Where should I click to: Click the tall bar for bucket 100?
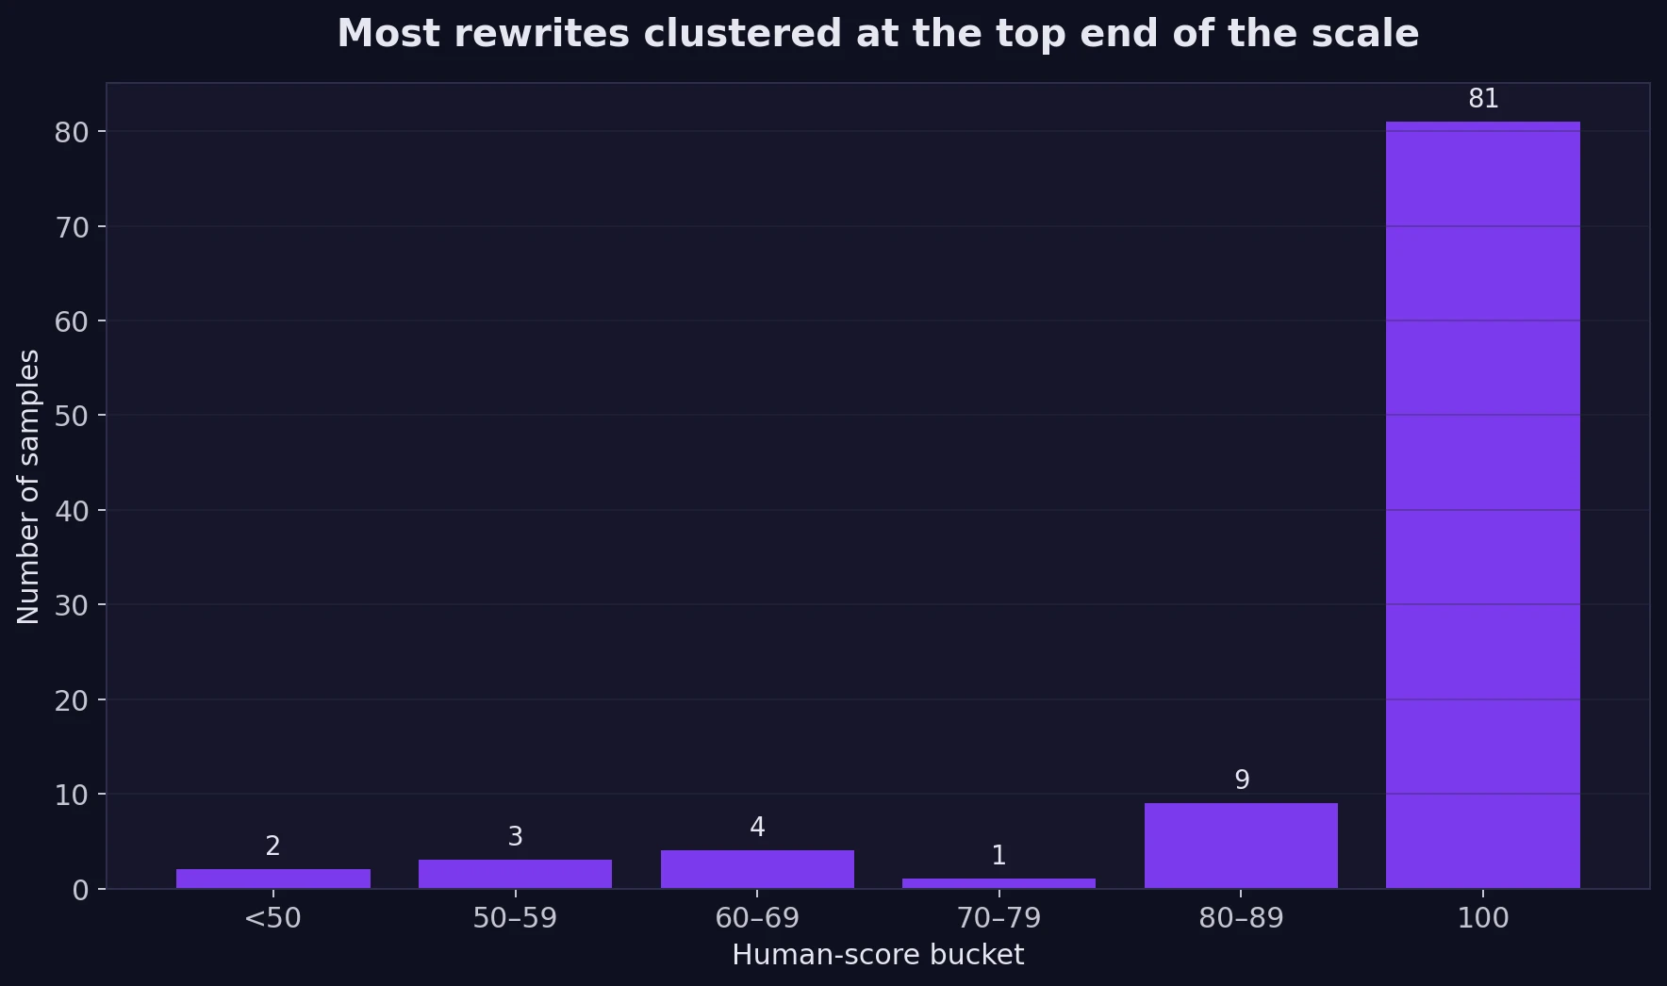coord(1482,504)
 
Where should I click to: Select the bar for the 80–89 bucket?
coord(1241,846)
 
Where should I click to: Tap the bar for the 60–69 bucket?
coord(757,869)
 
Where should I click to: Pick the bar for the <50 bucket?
coord(272,879)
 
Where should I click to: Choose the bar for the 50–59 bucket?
coord(515,874)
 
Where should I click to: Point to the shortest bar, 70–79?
coord(999,883)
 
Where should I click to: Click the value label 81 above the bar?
coord(1483,99)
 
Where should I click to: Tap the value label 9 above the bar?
coord(1242,781)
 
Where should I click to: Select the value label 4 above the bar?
coord(757,828)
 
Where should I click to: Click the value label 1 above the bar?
coord(999,856)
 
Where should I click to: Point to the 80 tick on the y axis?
coord(71,132)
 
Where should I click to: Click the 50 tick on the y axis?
coord(71,416)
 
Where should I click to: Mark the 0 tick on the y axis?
coord(80,890)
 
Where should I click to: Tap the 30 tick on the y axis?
coord(71,605)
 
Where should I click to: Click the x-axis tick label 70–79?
coord(999,918)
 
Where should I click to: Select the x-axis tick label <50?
coord(272,918)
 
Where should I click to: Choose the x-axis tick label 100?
coord(1483,918)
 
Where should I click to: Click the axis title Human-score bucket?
coord(878,955)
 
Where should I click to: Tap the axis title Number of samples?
coord(29,486)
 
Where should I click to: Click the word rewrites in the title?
coord(541,34)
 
